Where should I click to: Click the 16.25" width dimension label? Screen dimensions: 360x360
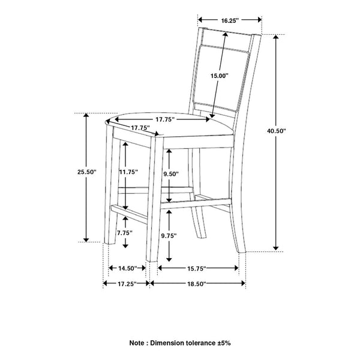pos(230,20)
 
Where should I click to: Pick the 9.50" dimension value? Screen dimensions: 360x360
pos(172,175)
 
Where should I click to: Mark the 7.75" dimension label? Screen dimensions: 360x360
pos(124,232)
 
